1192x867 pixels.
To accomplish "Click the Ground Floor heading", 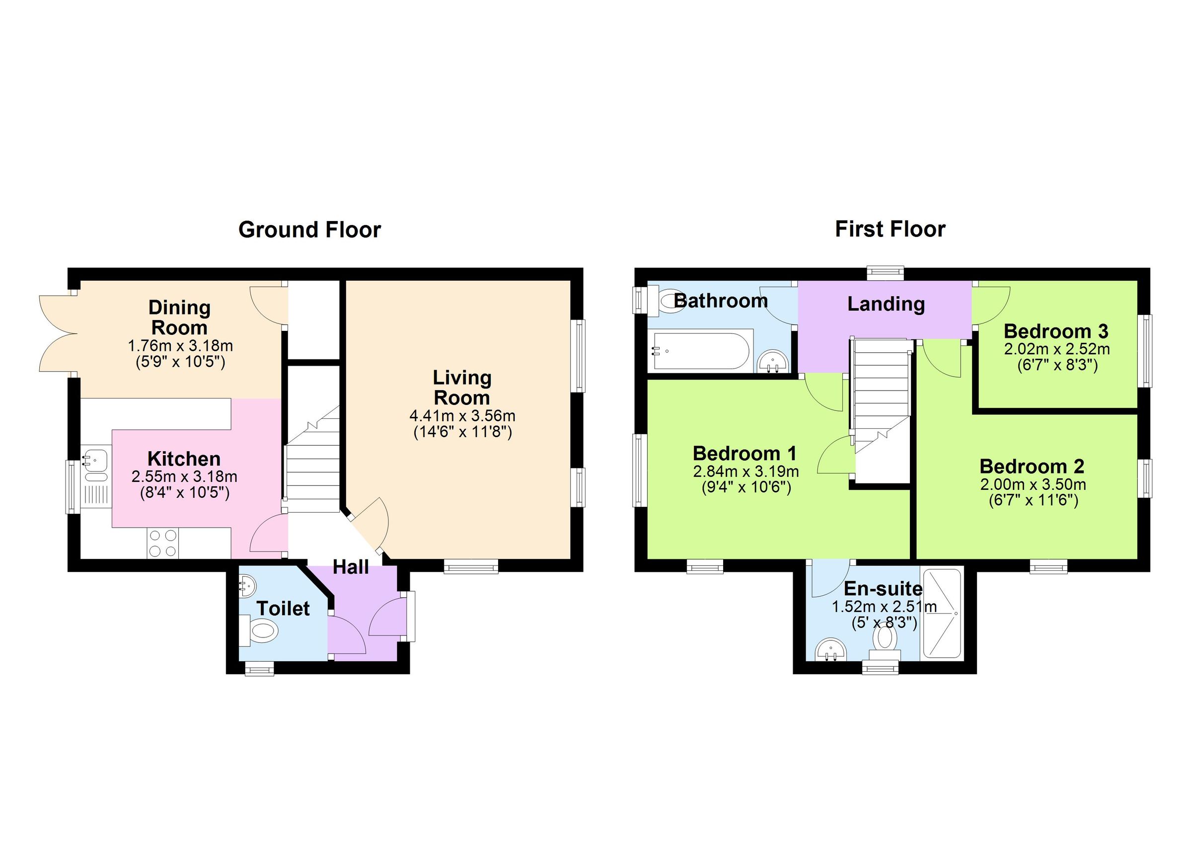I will [x=309, y=230].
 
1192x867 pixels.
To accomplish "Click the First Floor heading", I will [x=890, y=229].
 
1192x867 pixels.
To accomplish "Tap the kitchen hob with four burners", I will [x=163, y=543].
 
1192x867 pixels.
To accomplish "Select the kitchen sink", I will [x=95, y=459].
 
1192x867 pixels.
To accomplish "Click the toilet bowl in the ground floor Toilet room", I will [x=262, y=631].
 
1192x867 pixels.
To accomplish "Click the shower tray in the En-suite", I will [x=942, y=613].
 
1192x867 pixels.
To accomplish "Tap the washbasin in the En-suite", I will [x=831, y=650].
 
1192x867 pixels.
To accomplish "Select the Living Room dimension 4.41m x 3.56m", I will [x=462, y=416].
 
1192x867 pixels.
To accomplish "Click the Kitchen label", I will [x=183, y=459].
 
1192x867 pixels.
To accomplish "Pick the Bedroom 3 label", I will [x=1055, y=331].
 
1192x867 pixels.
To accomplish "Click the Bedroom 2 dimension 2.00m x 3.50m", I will [x=1033, y=484].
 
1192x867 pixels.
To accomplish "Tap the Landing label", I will [x=886, y=304].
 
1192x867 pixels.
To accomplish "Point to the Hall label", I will [x=351, y=567].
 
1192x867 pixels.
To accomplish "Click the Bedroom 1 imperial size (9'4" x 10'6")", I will [x=746, y=487].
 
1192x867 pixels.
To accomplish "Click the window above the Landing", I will [x=885, y=272].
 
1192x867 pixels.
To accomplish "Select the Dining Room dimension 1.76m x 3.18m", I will [x=180, y=346].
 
